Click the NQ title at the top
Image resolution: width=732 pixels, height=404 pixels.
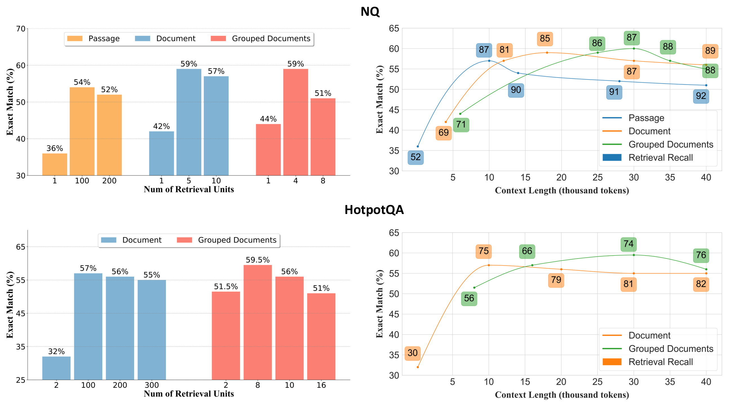pyautogui.click(x=370, y=12)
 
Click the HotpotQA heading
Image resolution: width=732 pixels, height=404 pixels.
pyautogui.click(x=374, y=210)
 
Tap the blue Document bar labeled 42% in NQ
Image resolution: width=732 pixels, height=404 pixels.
pyautogui.click(x=162, y=153)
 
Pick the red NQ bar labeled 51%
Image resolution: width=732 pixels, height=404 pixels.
pyautogui.click(x=323, y=137)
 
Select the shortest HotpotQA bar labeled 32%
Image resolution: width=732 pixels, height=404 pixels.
pyautogui.click(x=56, y=368)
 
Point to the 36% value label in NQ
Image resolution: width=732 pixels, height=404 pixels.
pyautogui.click(x=55, y=148)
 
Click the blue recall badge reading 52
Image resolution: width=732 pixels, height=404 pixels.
pyautogui.click(x=415, y=157)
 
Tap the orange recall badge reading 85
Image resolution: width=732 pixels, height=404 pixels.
pyautogui.click(x=545, y=39)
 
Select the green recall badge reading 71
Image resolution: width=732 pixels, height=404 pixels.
pyautogui.click(x=461, y=125)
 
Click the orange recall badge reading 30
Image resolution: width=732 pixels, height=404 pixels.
pyautogui.click(x=412, y=353)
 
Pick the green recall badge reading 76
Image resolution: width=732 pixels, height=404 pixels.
pyautogui.click(x=701, y=255)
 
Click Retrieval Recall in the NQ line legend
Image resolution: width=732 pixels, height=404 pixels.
pyautogui.click(x=660, y=158)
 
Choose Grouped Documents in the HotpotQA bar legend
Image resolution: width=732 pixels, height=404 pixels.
pyautogui.click(x=237, y=240)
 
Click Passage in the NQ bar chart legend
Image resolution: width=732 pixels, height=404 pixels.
pyautogui.click(x=104, y=39)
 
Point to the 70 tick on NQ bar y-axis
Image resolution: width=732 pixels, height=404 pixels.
pyautogui.click(x=21, y=29)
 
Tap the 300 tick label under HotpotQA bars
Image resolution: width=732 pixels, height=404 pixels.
pyautogui.click(x=151, y=385)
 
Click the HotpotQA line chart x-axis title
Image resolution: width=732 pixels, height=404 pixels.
pyautogui.click(x=561, y=395)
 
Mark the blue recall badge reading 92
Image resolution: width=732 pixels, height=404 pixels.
pyautogui.click(x=701, y=96)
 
